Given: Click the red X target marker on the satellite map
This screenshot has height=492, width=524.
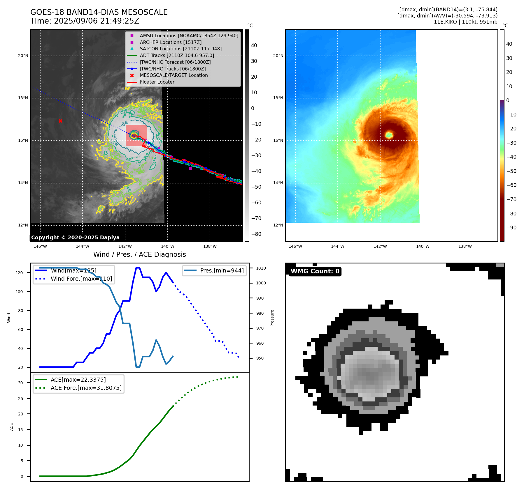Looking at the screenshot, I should tap(60, 121).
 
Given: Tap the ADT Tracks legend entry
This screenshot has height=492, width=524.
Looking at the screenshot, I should tap(177, 55).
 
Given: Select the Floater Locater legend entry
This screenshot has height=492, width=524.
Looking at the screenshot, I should tap(157, 82).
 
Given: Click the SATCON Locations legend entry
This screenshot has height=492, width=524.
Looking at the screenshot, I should tap(180, 49).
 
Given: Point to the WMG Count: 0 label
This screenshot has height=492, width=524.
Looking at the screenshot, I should tap(315, 271).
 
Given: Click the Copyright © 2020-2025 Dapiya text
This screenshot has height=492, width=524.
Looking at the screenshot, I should tap(75, 238).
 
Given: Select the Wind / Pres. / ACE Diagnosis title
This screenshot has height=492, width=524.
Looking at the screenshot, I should tap(139, 254).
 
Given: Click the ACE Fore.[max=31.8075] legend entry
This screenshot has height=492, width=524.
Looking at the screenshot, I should tap(86, 388).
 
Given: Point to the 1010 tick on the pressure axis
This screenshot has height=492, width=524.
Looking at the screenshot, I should tap(261, 268).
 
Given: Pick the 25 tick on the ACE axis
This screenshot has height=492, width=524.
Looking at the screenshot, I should tap(20, 399).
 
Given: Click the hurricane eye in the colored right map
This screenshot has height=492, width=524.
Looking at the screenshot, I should tap(389, 135).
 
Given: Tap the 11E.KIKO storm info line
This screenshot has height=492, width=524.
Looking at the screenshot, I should tap(465, 22).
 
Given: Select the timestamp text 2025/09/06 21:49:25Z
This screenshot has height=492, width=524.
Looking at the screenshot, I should tap(97, 21).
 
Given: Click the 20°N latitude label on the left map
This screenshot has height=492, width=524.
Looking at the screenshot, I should tap(23, 56).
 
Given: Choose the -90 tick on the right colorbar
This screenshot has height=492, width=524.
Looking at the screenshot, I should tap(511, 228).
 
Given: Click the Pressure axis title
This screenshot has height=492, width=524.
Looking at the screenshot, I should tap(272, 318).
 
